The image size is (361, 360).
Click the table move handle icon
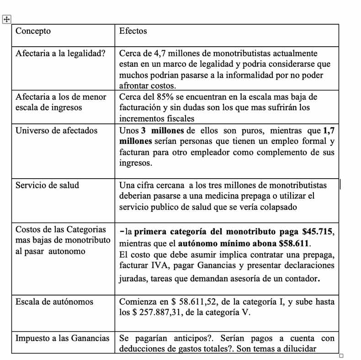click(x=7, y=19)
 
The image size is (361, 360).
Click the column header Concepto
click(x=33, y=31)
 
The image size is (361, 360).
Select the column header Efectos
click(x=133, y=31)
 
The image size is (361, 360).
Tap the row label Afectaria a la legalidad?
click(x=60, y=53)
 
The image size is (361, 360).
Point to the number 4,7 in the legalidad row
click(x=156, y=53)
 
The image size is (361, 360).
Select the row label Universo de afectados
click(x=57, y=130)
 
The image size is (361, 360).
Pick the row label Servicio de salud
click(x=47, y=185)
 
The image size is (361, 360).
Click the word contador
click(x=299, y=276)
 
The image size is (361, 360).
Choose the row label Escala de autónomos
click(x=54, y=302)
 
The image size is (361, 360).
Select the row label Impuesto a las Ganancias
click(x=63, y=339)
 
